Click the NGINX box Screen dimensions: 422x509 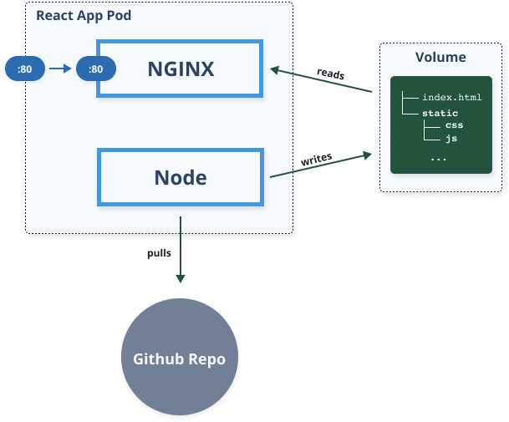[181, 69]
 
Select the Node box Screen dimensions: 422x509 [181, 177]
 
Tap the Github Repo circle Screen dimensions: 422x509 [180, 358]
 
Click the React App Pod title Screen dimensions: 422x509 [84, 16]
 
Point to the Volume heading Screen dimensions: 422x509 [440, 58]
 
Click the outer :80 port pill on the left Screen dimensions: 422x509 [24, 69]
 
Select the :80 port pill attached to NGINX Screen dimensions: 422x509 [95, 69]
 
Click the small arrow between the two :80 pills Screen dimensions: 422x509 [61, 69]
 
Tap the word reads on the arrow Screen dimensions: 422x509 [330, 74]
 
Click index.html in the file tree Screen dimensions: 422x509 [452, 98]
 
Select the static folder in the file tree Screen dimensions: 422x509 [440, 113]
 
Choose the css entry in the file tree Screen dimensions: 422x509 [454, 125]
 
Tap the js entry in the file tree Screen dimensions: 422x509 [450, 139]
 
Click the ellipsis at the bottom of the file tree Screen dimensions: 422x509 [440, 157]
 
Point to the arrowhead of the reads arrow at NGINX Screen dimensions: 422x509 [273, 70]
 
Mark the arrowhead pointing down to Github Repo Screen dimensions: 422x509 [180, 280]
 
